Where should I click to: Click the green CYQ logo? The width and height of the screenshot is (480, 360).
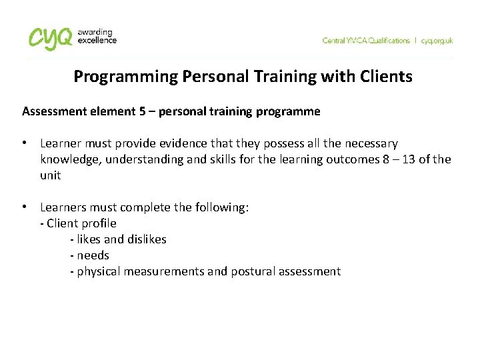click(x=49, y=37)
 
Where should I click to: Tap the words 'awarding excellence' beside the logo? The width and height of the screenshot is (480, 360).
click(x=97, y=36)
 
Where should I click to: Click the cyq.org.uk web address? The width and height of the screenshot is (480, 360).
click(x=437, y=41)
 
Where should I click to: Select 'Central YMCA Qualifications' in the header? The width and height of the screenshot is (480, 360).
click(x=366, y=41)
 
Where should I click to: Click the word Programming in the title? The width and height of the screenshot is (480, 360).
click(x=125, y=77)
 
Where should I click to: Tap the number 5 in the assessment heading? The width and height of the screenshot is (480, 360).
click(x=143, y=111)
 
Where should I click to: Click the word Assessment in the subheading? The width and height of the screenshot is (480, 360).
click(x=52, y=111)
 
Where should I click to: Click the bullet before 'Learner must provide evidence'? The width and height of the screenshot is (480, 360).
click(x=24, y=143)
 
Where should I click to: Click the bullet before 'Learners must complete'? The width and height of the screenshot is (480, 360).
click(x=24, y=207)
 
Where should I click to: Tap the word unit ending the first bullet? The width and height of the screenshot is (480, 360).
click(x=51, y=175)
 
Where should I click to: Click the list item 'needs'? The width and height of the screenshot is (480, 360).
click(x=93, y=255)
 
